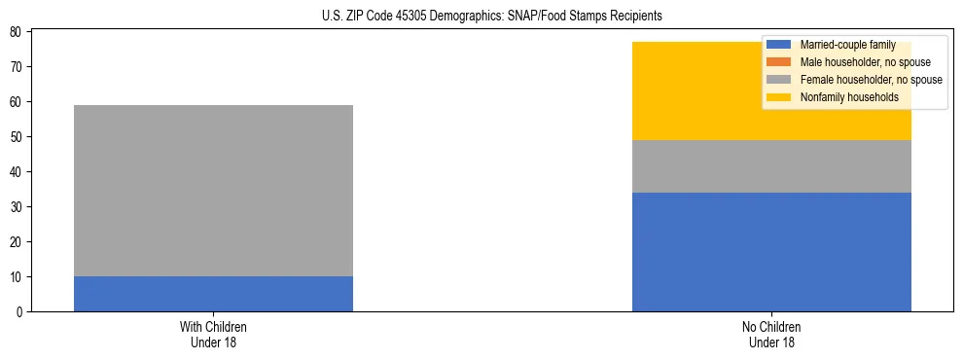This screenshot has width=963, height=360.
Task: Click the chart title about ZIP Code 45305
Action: tap(491, 16)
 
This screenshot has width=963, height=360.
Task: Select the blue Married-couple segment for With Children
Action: tap(213, 294)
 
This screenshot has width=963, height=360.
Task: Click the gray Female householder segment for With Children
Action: tap(213, 191)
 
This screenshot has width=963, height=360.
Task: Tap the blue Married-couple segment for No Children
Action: tap(771, 252)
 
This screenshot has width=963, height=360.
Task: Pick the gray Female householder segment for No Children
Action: tap(771, 166)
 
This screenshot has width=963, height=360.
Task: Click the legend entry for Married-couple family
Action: tap(847, 45)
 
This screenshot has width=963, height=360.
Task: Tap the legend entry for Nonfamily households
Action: tap(842, 97)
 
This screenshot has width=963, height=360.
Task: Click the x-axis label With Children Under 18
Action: tap(213, 334)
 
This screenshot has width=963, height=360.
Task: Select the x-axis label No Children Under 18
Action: tap(771, 334)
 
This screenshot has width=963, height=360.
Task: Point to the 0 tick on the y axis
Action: tap(19, 312)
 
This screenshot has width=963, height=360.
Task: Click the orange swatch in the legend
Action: tap(779, 62)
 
